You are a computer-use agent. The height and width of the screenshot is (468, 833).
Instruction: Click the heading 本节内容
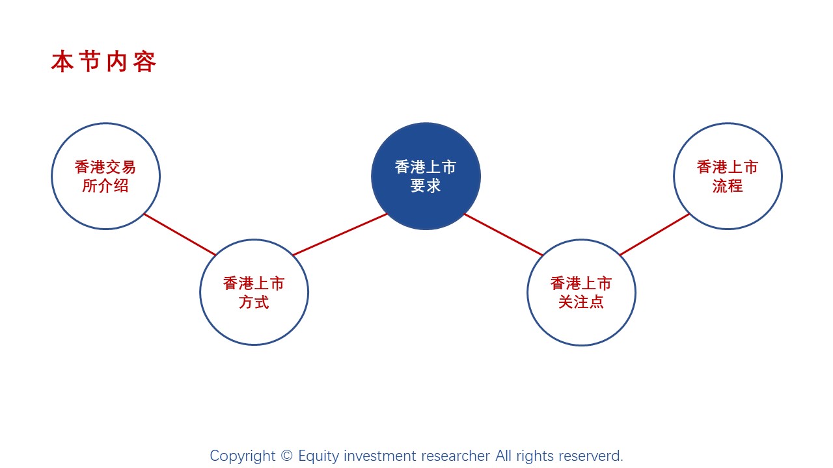click(x=103, y=62)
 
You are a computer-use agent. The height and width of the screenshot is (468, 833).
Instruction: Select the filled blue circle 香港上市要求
click(x=426, y=176)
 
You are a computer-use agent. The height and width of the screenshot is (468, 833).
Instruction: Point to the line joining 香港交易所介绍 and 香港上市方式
click(x=180, y=235)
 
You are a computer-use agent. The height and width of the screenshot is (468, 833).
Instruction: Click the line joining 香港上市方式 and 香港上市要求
click(x=340, y=235)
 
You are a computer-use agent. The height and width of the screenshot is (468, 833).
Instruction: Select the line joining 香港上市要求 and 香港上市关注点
click(x=504, y=235)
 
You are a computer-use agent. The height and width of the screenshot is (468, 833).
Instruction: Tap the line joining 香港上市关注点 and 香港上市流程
click(x=655, y=235)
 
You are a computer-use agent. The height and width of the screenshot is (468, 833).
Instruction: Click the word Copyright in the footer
click(x=243, y=456)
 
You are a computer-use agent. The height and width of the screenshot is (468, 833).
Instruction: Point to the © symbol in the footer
click(x=287, y=456)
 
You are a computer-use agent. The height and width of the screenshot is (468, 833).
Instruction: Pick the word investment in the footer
click(x=379, y=456)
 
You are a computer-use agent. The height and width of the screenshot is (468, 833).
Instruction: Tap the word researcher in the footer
click(x=456, y=456)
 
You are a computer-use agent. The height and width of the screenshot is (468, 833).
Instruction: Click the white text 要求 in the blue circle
click(x=426, y=186)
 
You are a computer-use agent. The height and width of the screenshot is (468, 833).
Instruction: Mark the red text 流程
click(x=728, y=186)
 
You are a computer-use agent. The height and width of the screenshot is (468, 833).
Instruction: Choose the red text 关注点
click(x=581, y=302)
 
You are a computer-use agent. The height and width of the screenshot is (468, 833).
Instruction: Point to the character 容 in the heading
click(x=144, y=62)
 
